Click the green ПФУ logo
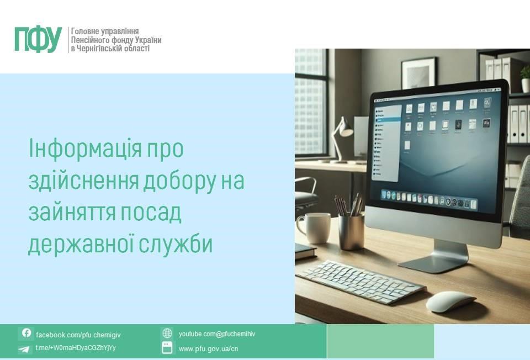click(x=38, y=40)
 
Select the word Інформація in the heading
click(x=85, y=149)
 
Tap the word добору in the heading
click(x=179, y=181)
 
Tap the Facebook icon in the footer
click(x=26, y=333)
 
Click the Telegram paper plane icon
click(x=24, y=349)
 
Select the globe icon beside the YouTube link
click(x=167, y=333)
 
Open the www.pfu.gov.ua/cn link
click(x=208, y=349)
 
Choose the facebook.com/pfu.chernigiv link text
click(x=78, y=335)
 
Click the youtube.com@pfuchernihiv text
click(x=217, y=334)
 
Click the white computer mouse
click(x=451, y=301)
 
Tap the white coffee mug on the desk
click(x=314, y=228)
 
